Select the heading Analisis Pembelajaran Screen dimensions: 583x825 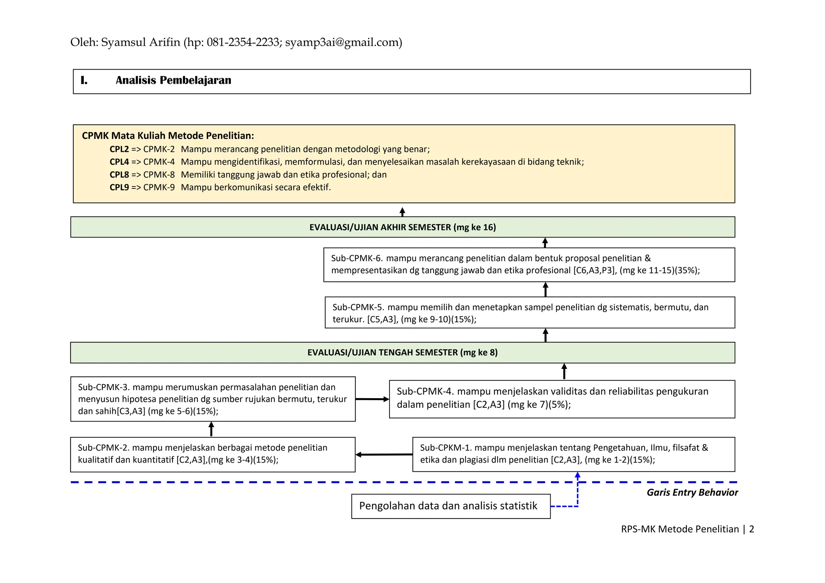[x=173, y=81]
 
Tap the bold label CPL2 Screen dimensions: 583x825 [x=119, y=149]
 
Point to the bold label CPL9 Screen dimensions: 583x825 [x=119, y=187]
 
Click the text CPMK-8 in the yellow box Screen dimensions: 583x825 [x=159, y=175]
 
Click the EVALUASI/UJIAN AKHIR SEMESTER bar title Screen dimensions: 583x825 [x=402, y=227]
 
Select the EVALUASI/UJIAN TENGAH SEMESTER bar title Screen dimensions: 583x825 [x=402, y=353]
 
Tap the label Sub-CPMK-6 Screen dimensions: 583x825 [x=357, y=258]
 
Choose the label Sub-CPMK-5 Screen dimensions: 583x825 [x=358, y=308]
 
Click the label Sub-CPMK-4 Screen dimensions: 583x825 [x=425, y=391]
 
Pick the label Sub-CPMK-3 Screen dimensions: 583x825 [x=103, y=387]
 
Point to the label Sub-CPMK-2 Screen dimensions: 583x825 [x=103, y=448]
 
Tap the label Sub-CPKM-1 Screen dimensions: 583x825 [x=446, y=448]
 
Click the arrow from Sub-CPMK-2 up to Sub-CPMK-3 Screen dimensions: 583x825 [x=211, y=429]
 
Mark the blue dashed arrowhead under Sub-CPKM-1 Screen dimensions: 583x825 [x=578, y=475]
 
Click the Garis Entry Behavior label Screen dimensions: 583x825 [x=692, y=492]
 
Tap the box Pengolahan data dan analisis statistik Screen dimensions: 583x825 [x=450, y=506]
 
